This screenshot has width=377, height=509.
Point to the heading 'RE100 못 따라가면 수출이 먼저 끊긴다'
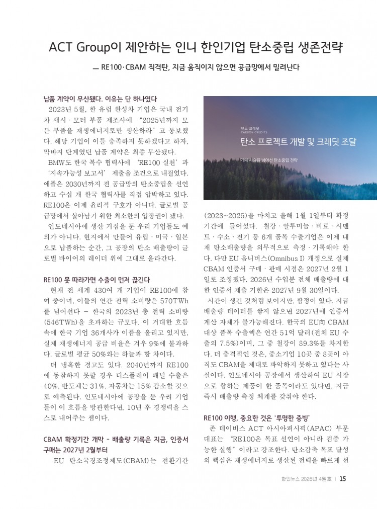[97, 279]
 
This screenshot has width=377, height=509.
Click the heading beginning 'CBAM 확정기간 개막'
[116, 440]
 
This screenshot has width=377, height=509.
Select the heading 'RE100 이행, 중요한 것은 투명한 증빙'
[257, 418]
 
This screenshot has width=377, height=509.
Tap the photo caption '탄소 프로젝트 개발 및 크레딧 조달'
[298, 142]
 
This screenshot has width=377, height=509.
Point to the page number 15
[342, 478]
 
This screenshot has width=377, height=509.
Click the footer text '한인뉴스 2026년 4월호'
[307, 479]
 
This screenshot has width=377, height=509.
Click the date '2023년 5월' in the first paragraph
[67, 108]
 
